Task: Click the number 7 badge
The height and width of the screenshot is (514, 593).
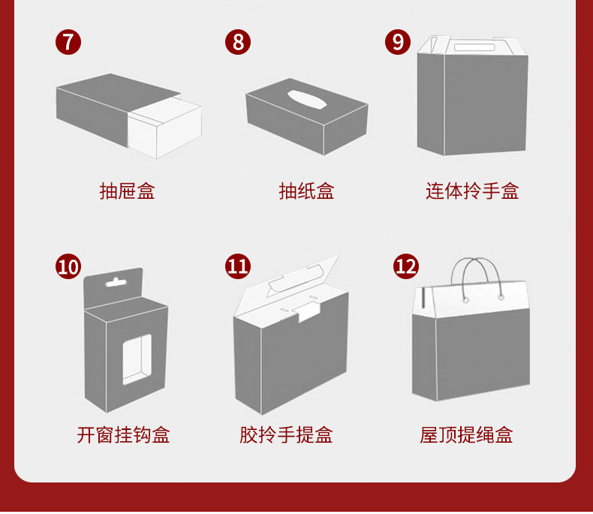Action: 68,41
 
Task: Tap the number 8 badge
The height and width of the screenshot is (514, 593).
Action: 238,41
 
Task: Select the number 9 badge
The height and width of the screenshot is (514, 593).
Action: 398,41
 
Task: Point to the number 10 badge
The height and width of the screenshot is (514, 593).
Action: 68,266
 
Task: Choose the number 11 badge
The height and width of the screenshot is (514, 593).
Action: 238,266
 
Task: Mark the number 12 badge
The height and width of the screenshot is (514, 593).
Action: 406,266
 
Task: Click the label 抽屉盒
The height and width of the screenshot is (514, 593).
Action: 127,191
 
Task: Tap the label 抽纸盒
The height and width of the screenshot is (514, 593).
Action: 306,191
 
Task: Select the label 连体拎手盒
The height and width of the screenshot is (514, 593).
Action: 472,191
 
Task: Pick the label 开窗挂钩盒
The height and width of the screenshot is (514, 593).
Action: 123,434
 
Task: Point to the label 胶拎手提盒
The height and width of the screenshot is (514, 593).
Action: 286,434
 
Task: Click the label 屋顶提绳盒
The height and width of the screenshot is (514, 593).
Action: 466,434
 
